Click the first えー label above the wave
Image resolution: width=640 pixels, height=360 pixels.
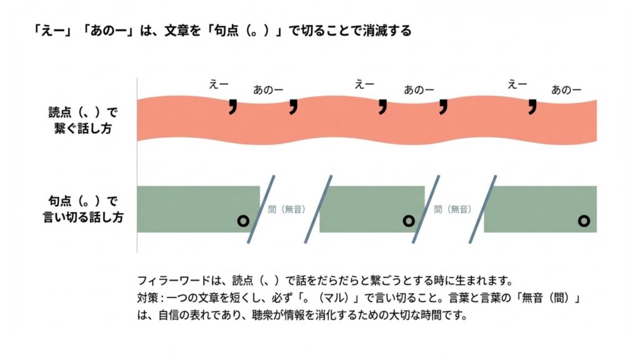point(219,84)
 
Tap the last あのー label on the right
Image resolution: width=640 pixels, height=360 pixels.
point(566,90)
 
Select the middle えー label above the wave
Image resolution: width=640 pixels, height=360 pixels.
point(364,84)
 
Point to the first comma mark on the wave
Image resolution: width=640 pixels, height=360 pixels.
point(233,107)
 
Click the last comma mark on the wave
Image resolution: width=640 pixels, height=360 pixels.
point(532,107)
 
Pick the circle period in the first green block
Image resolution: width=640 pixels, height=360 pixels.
point(243,220)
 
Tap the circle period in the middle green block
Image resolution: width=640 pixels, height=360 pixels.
point(409,220)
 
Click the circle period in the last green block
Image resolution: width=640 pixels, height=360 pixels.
point(584,220)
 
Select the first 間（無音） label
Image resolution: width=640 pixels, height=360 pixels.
point(286,209)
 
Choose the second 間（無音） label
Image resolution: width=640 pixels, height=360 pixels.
point(451,209)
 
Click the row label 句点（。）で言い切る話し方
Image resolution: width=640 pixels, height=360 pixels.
point(84,209)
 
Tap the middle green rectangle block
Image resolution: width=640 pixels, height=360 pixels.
point(372,209)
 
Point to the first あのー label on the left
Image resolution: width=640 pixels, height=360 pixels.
point(267,90)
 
